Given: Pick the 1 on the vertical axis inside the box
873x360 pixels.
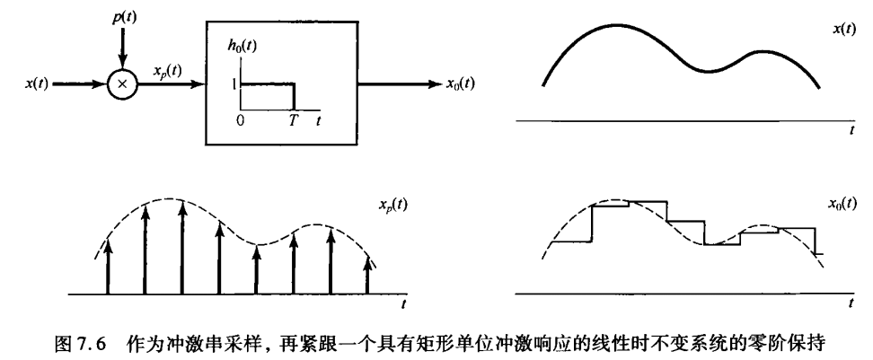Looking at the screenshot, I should coord(233,84).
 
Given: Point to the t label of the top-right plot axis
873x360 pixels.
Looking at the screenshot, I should coord(850,132).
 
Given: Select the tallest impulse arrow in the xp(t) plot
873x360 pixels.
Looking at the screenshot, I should coord(183,247).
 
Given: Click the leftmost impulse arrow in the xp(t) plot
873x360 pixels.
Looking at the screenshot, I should coord(109,265).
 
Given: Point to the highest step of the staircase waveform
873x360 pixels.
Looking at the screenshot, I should coord(611,205).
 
